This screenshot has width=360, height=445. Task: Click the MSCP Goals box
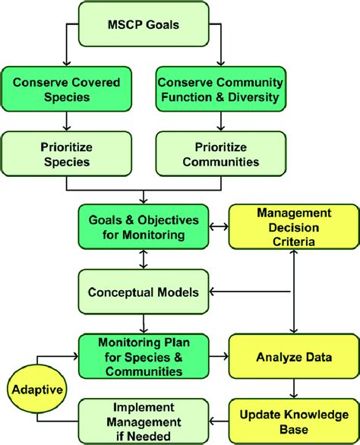point(144,24)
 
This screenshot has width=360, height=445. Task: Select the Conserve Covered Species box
point(66,89)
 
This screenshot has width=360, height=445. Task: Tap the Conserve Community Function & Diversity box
point(221,89)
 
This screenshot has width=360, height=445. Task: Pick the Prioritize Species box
point(66,153)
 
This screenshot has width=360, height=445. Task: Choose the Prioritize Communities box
point(221,153)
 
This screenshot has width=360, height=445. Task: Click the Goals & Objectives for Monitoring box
point(144,227)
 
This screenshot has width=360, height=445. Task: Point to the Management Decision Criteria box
point(294,227)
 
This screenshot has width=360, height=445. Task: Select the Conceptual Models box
point(144,292)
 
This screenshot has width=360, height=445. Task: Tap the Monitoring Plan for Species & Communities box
point(144,356)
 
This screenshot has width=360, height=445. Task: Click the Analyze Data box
point(294,356)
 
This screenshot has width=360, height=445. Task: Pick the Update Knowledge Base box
point(294,421)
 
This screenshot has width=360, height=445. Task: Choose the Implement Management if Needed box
point(144,421)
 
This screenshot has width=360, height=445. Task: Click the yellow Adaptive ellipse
point(37,389)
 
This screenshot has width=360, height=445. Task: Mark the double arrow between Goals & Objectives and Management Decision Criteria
point(219,226)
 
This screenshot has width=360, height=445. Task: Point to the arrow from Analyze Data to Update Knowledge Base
point(294,389)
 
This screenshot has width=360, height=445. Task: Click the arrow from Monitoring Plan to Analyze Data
point(219,356)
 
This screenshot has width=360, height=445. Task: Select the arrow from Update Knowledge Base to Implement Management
point(219,421)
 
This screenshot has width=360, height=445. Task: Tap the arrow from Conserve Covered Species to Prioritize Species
point(66,122)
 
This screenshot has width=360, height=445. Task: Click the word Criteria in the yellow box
point(294,241)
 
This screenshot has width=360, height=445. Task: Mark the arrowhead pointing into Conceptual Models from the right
point(212,292)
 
